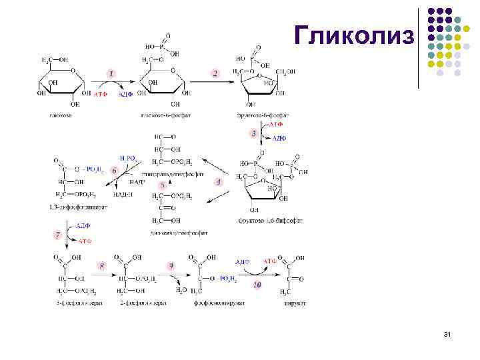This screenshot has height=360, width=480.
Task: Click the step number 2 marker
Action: click(x=215, y=73)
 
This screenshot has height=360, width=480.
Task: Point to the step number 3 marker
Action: click(x=254, y=133)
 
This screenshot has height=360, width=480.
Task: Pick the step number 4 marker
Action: click(x=218, y=181)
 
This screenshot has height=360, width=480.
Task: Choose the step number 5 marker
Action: click(x=162, y=185)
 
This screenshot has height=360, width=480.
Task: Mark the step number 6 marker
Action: click(x=115, y=170)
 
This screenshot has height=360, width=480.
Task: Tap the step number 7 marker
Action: click(x=58, y=235)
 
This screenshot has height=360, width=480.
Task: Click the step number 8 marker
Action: click(x=102, y=265)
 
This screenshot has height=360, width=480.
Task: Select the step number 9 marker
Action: click(x=171, y=265)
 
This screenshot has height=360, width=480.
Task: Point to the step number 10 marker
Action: click(x=257, y=285)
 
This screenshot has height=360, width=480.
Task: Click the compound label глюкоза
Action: click(x=60, y=115)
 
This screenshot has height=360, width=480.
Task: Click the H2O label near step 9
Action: click(x=181, y=290)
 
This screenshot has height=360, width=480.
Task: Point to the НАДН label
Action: click(x=123, y=195)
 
